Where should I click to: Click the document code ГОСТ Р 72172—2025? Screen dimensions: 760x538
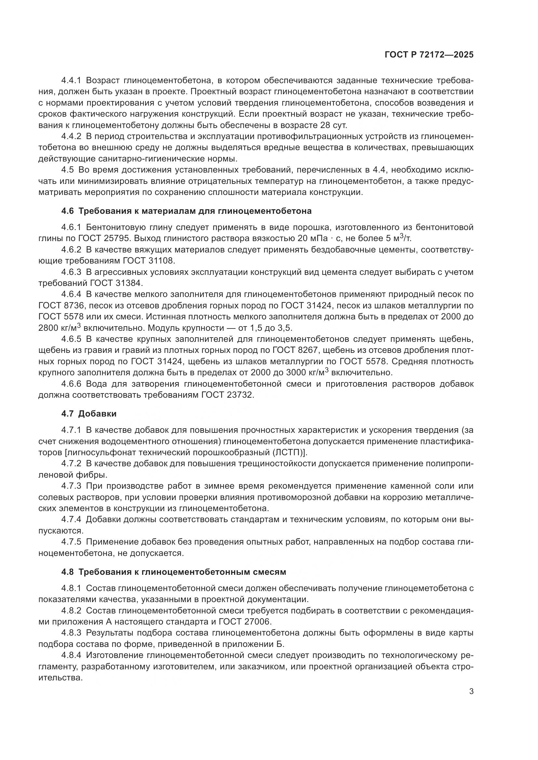pos(429,55)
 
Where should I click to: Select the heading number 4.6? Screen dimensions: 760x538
pos(68,211)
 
